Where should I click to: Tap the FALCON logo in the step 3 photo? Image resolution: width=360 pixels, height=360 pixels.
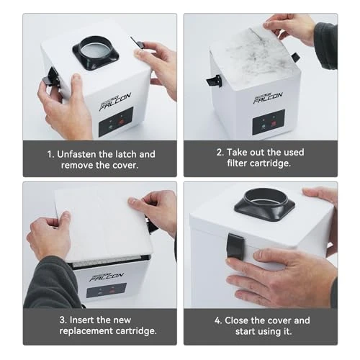point(105,274)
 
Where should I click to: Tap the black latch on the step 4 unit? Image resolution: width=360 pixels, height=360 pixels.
point(235,246)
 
